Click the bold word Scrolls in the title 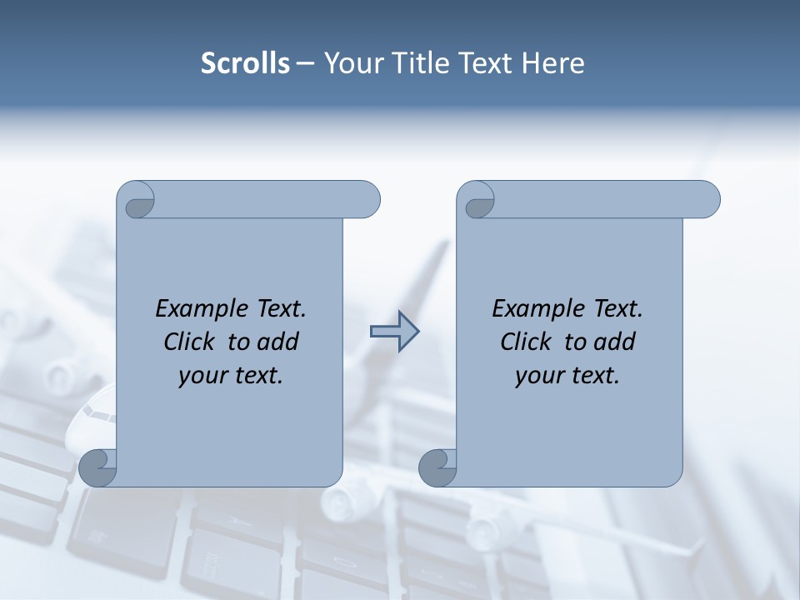(x=246, y=63)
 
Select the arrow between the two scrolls (x=395, y=332)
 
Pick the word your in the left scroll (x=201, y=376)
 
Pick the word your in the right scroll (x=537, y=376)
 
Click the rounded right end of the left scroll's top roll (x=367, y=200)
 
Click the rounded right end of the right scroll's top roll (x=707, y=200)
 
